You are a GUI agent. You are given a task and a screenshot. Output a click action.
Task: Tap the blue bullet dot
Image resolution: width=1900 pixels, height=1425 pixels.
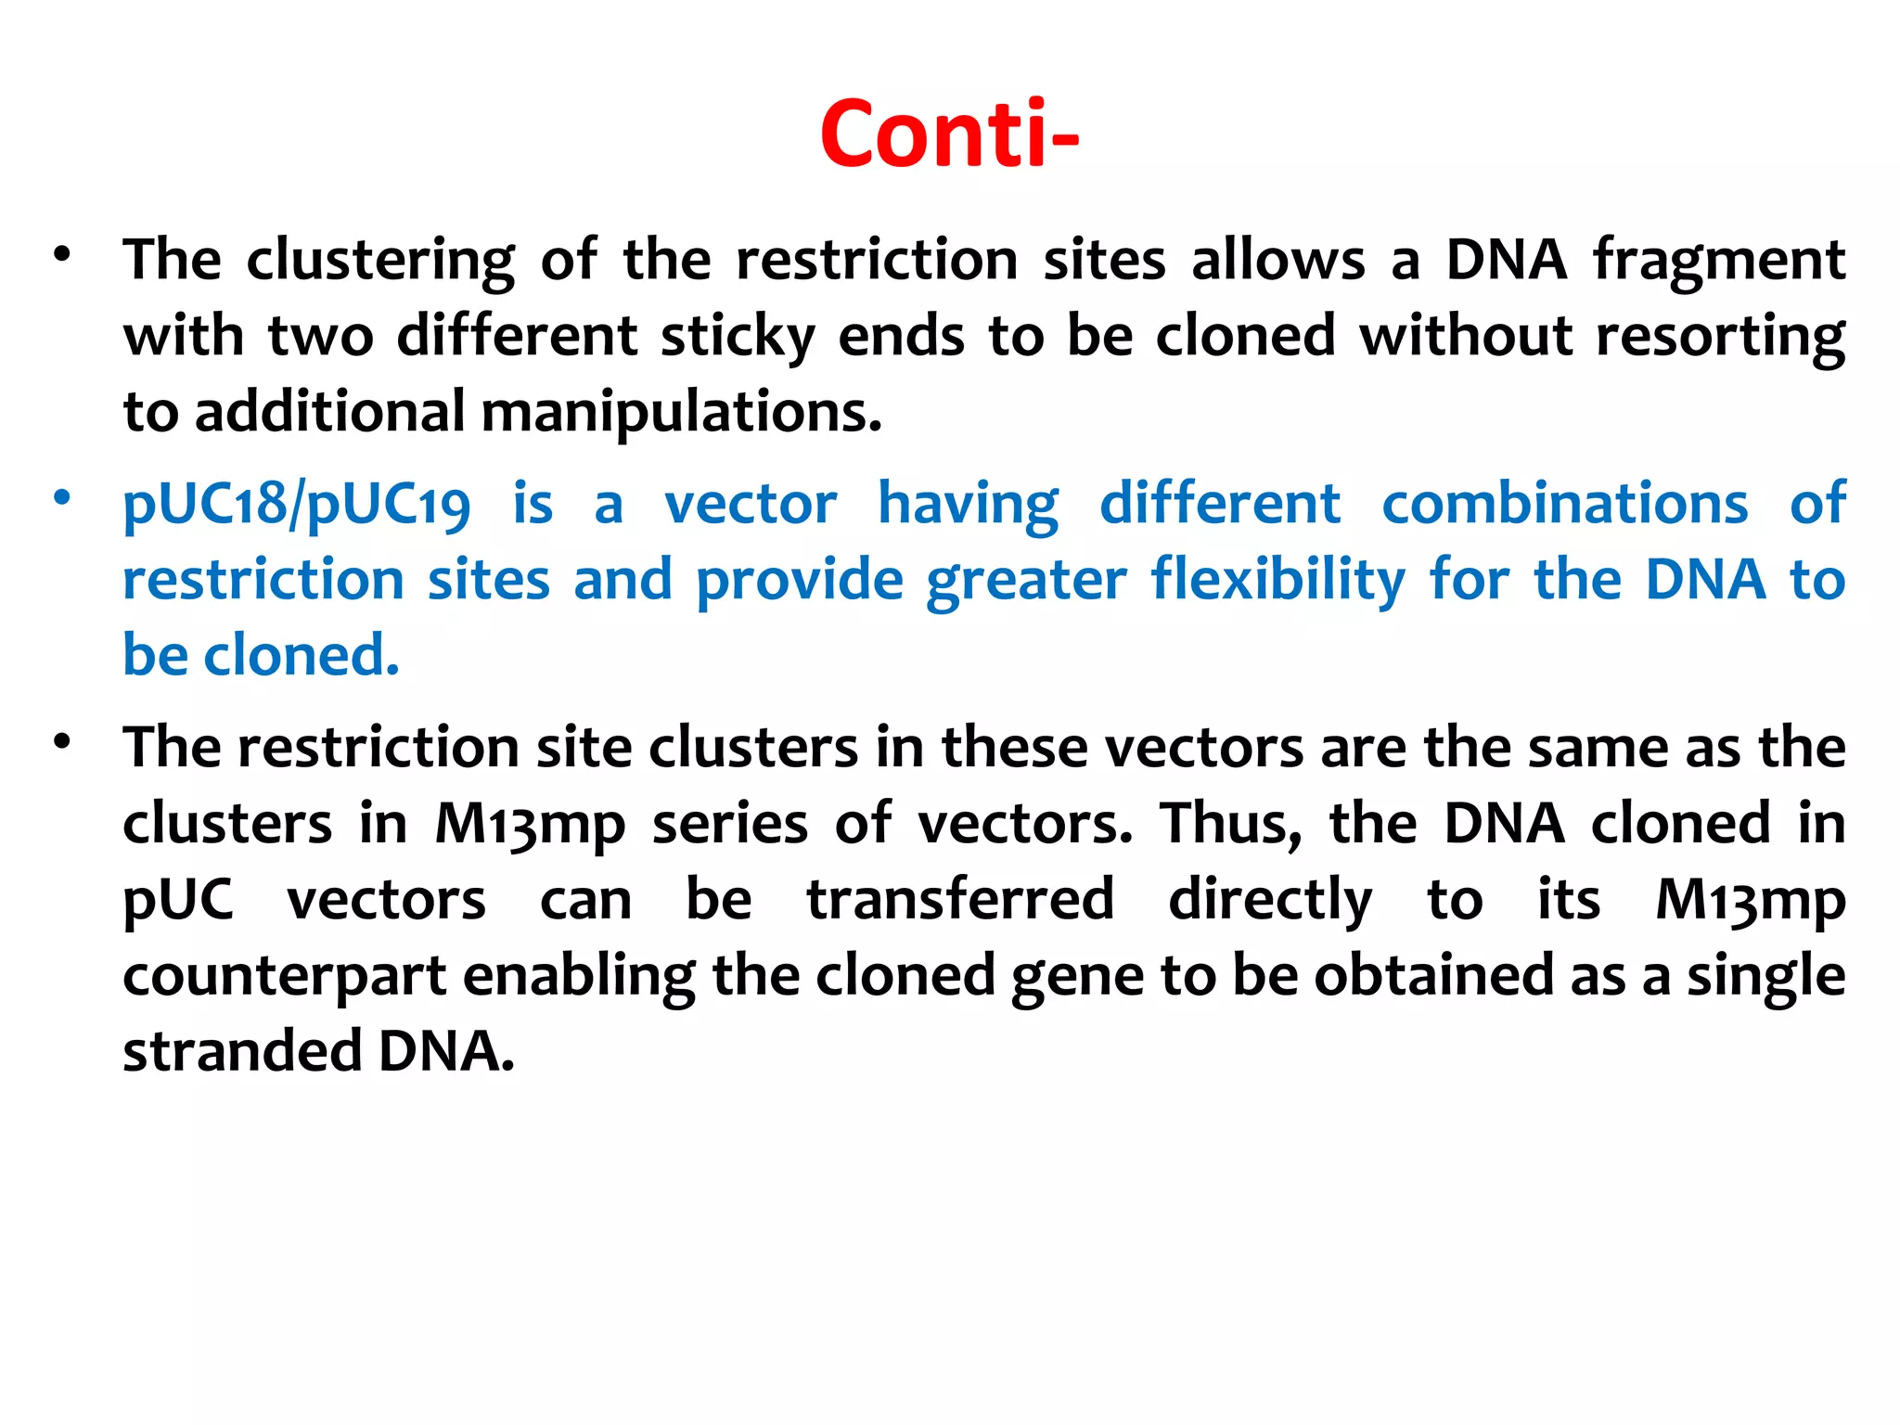coord(62,497)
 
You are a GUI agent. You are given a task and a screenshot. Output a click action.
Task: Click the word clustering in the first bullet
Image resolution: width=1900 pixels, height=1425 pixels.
coord(380,260)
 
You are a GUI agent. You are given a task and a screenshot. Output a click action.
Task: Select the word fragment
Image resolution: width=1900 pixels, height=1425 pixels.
coord(1719,260)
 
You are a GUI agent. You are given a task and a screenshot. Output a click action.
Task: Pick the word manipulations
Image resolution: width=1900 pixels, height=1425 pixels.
coord(682,412)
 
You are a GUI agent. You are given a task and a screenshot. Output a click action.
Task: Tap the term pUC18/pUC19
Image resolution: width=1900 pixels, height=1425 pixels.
coord(297,506)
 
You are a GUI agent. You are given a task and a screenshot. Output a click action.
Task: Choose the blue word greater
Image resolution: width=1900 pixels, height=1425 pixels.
coord(1027,581)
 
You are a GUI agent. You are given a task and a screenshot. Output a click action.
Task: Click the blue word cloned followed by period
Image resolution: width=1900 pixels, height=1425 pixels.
coord(302,655)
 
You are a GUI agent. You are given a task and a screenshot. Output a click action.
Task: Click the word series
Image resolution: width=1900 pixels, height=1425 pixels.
coord(730,824)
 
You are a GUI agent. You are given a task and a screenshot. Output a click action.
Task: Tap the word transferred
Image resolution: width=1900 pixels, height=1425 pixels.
coord(960,900)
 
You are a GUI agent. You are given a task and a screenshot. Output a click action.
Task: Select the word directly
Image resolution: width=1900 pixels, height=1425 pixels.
coord(1270,900)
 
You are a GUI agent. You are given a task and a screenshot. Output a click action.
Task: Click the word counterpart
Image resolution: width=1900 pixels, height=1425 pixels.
coord(285,976)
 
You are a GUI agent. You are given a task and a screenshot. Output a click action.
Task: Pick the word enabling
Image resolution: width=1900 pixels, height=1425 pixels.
coord(579,976)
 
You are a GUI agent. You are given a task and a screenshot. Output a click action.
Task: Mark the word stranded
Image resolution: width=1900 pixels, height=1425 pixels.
coord(242,1052)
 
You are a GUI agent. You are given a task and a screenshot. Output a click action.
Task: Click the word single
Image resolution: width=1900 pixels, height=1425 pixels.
coord(1766,976)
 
